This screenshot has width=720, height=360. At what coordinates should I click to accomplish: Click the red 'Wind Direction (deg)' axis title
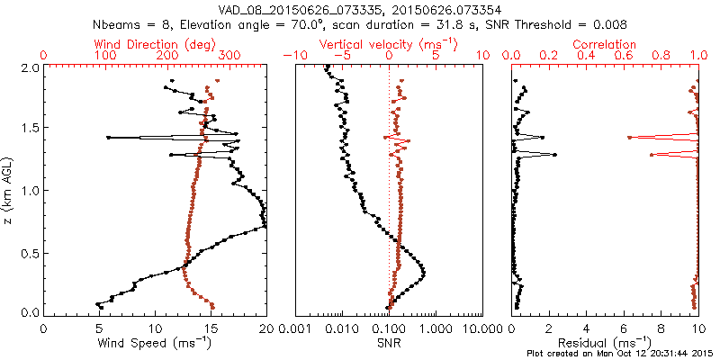coord(155,44)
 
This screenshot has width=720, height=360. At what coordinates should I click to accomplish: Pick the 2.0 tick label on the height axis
coord(28,67)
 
